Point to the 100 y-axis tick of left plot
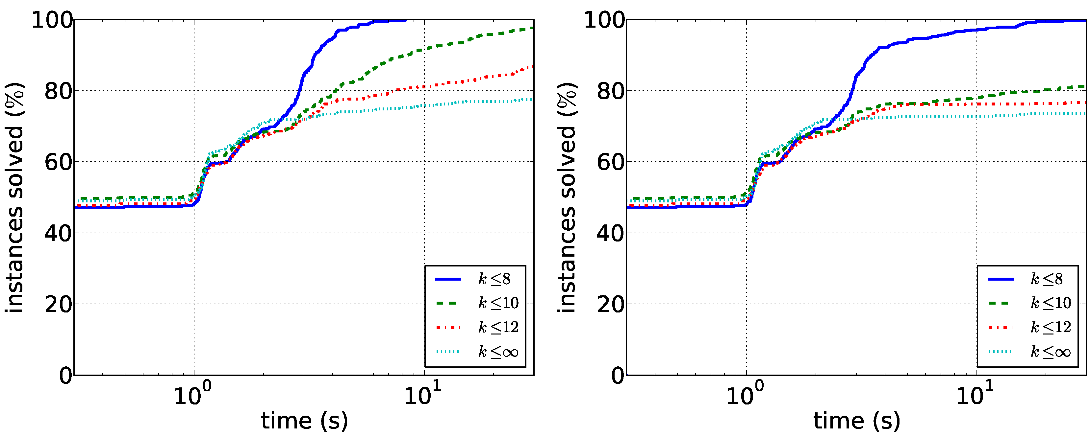point(52,20)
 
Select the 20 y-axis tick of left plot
point(58,304)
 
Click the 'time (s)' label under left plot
point(304,421)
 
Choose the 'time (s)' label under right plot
point(856,421)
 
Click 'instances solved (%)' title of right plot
point(567,197)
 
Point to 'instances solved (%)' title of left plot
point(15,197)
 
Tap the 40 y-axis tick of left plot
point(58,233)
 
